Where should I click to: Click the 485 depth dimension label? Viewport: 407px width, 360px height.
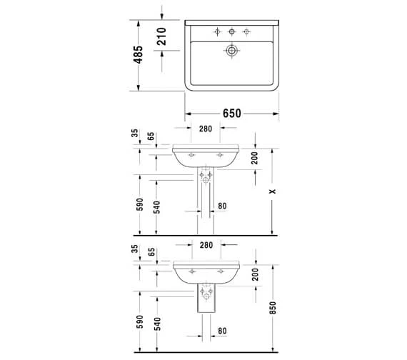click(138, 55)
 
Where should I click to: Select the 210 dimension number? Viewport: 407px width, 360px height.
click(161, 36)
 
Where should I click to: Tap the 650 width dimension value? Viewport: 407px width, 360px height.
click(232, 114)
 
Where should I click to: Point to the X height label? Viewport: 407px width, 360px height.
click(272, 191)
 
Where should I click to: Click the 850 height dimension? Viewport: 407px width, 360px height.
click(273, 308)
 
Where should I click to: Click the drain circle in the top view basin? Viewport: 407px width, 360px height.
click(231, 51)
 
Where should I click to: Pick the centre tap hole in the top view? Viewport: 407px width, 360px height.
click(231, 31)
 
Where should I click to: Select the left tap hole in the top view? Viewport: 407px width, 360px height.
click(217, 31)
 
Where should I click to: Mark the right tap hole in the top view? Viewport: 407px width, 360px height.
click(246, 31)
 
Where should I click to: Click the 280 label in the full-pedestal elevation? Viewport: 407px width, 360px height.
click(206, 129)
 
